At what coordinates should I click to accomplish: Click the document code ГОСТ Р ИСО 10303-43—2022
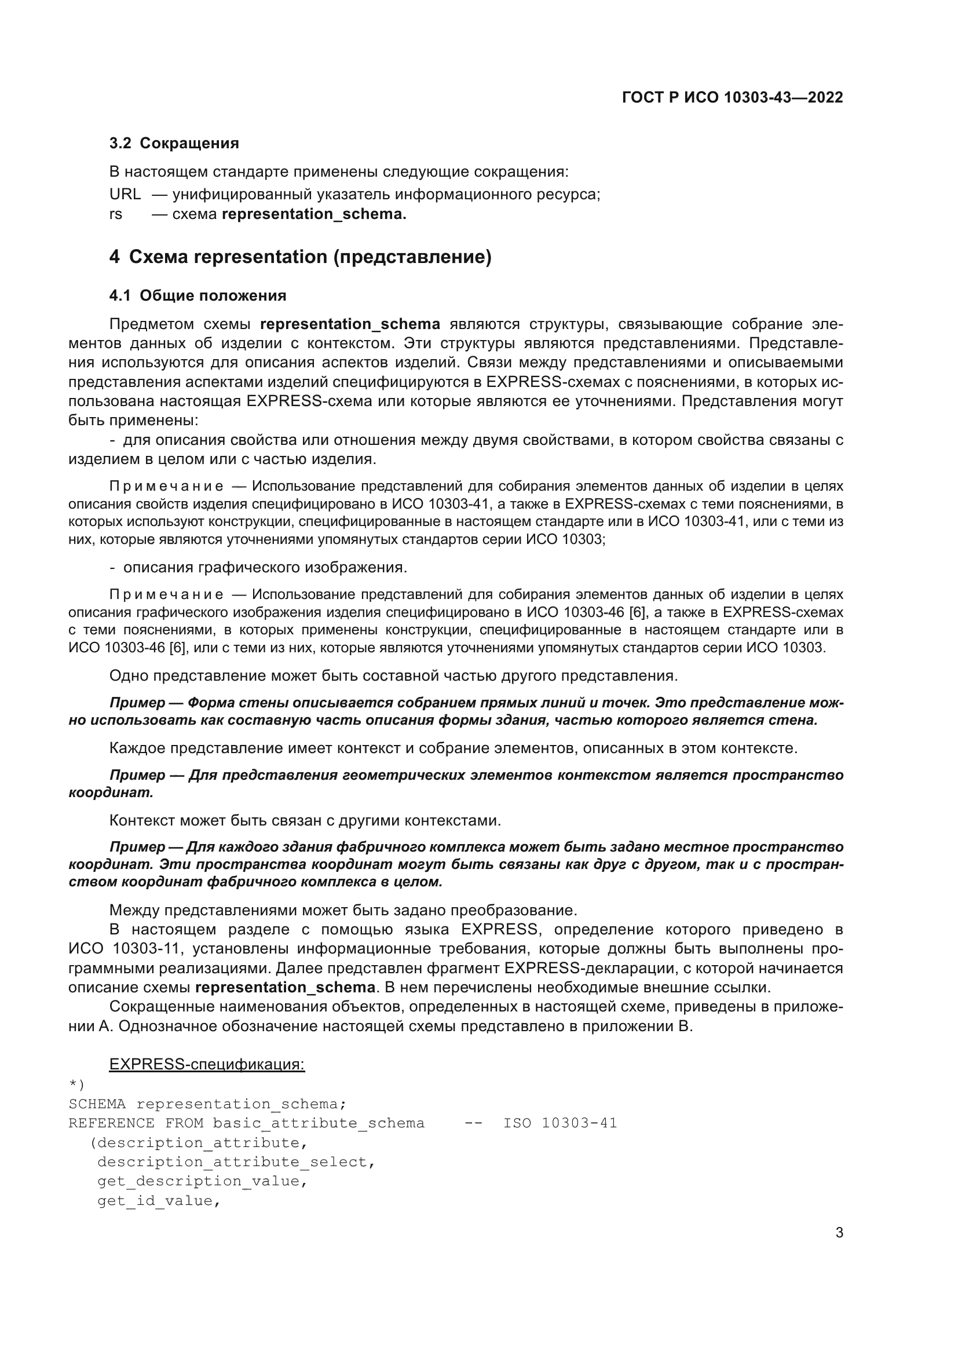coord(732,97)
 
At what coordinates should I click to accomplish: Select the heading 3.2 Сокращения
coord(174,144)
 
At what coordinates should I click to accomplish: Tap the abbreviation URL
coord(125,194)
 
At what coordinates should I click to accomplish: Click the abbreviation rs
coord(116,214)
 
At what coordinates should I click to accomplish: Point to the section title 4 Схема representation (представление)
coord(300,257)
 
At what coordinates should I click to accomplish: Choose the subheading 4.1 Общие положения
coord(198,295)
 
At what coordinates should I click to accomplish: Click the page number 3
coord(839,1233)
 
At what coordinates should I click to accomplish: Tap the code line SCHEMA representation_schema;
coord(207,1104)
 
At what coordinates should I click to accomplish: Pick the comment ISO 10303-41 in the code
coord(560,1123)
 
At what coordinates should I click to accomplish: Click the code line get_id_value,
coord(159,1201)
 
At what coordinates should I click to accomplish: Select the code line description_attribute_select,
coord(236,1162)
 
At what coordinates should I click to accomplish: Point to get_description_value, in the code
coord(202,1181)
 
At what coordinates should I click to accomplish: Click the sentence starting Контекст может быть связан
coord(305,820)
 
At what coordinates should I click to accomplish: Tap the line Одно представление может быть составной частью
coord(393,675)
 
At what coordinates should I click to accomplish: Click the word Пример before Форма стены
coord(137,703)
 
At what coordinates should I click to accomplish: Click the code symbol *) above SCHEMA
coord(76,1084)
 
